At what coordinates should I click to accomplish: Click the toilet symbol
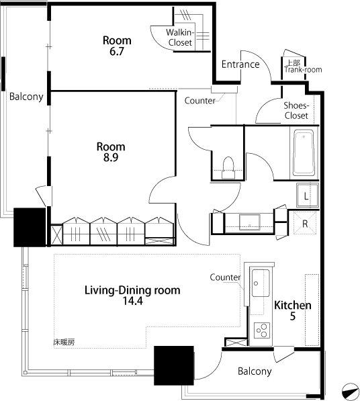pos(228,167)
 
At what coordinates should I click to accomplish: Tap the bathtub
pos(304,152)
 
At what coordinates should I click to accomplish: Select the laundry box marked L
pos(308,195)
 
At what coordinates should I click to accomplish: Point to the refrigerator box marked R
pos(304,223)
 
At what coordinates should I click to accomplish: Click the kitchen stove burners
pos(262,330)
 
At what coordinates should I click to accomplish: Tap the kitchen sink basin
pos(261,283)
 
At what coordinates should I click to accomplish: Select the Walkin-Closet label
pos(180,38)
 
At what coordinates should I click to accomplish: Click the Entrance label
pos(240,64)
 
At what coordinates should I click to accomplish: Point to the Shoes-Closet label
pos(296,110)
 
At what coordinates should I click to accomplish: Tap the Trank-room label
pos(303,70)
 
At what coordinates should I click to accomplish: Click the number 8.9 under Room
pos(111,157)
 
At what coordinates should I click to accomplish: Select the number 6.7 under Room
pos(117,52)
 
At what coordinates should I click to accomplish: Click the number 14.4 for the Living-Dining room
pos(133,301)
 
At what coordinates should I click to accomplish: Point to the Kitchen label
pos(293,305)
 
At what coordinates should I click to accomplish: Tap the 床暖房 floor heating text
pos(64,342)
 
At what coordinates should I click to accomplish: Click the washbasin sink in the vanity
pos(250,222)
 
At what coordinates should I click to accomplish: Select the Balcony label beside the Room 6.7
pos(26,97)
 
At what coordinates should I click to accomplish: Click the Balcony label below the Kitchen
pos(255,371)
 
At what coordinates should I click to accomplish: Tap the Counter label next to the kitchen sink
pos(225,277)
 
